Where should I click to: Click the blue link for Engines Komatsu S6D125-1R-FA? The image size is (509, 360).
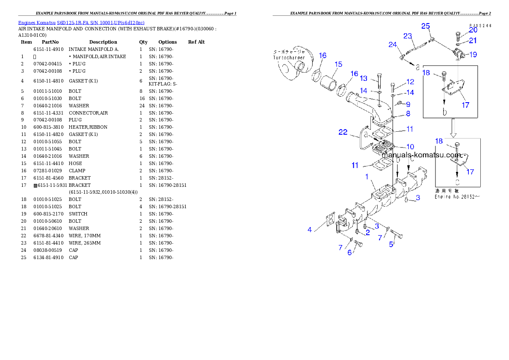coord(81,22)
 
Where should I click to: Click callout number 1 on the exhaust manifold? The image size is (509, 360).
coord(367,177)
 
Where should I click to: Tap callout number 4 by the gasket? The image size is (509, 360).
coord(310,230)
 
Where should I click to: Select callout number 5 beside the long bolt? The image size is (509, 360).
coord(391,245)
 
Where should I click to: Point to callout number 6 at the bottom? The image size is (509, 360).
coord(349,253)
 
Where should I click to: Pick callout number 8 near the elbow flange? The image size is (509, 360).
coord(408,114)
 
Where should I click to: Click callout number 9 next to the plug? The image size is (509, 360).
coord(408,104)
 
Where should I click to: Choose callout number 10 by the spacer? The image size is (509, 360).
coord(410,147)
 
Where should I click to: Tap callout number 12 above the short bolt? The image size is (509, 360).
coord(410,82)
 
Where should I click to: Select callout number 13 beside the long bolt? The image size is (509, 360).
coord(364,78)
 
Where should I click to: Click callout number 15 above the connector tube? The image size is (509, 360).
coord(338,65)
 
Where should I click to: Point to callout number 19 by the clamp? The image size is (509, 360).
coord(473,54)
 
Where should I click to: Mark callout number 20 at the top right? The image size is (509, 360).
coord(473,30)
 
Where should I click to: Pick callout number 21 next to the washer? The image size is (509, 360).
coord(473,41)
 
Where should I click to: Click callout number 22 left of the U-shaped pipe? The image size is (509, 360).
coord(343,133)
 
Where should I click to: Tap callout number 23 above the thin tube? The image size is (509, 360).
coord(407,36)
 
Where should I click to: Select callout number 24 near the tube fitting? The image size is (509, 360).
coord(393,44)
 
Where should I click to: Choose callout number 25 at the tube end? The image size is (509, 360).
coord(426,26)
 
